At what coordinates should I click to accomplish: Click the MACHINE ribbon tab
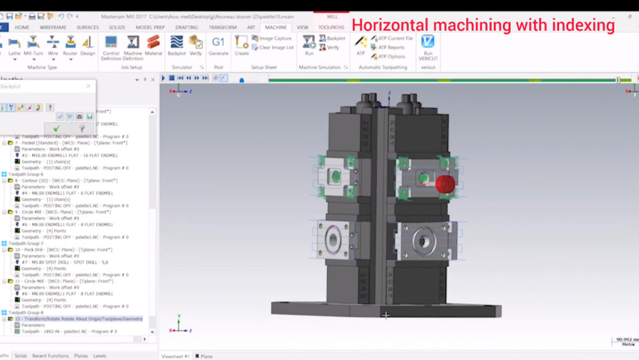276,27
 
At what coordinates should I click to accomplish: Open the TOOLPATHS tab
331,27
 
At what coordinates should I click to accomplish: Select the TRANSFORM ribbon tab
222,27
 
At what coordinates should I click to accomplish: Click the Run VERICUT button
428,46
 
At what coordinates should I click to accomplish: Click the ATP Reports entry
390,47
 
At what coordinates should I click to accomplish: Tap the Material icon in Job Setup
153,45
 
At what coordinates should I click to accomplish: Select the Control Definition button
111,45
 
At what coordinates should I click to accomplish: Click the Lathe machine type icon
15,45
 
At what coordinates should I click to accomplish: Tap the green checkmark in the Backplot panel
56,129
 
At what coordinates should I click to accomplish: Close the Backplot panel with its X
88,86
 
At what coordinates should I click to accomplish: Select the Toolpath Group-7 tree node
26,244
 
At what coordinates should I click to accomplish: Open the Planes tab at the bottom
81,356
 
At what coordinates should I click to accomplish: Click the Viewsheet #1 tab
176,356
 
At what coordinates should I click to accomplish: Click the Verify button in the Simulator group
196,45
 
